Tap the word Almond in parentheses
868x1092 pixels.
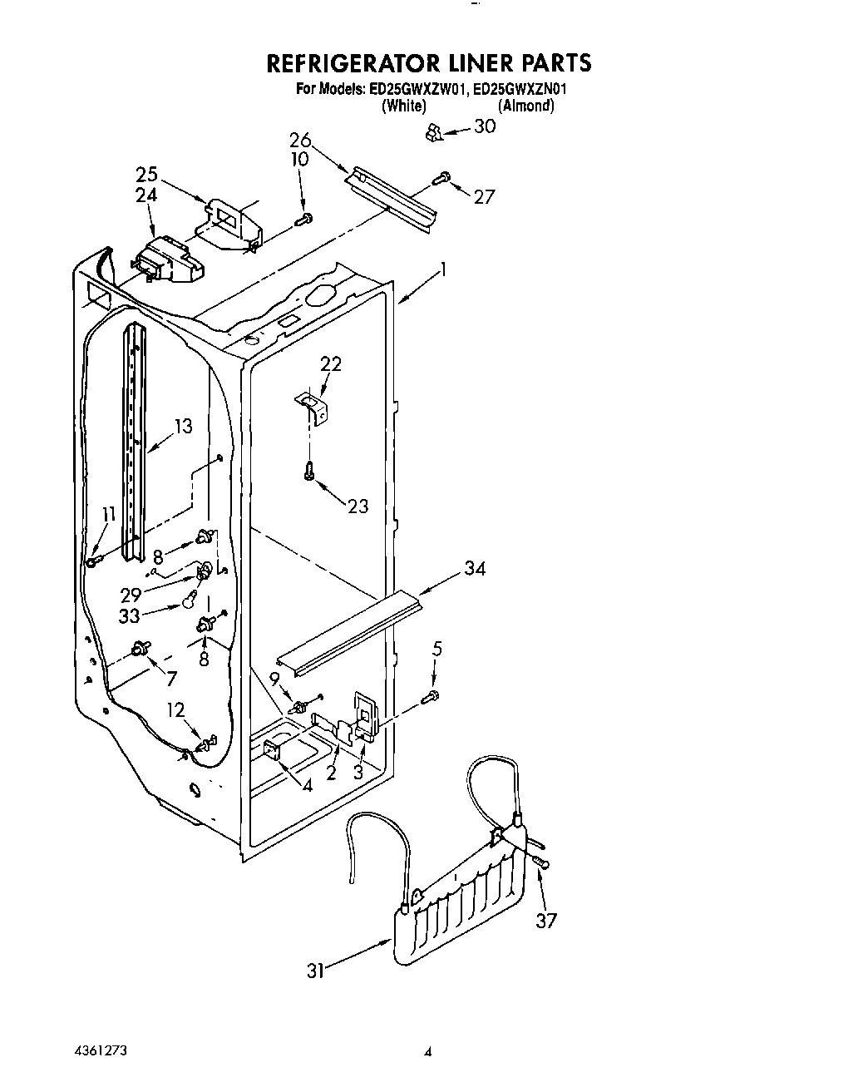click(525, 106)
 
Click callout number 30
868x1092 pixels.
click(484, 126)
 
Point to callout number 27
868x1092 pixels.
click(484, 196)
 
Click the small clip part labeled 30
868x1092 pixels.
click(432, 131)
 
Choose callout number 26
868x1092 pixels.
click(300, 140)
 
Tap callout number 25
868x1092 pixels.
click(146, 175)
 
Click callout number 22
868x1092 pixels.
click(331, 363)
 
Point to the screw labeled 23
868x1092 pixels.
click(309, 471)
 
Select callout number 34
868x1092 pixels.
click(476, 568)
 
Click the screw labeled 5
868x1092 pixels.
click(432, 696)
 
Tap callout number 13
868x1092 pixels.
click(183, 427)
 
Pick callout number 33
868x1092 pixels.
click(130, 616)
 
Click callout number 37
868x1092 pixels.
click(545, 921)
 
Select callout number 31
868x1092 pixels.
click(315, 970)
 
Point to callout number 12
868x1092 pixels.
click(175, 709)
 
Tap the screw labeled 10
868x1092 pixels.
click(304, 219)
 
